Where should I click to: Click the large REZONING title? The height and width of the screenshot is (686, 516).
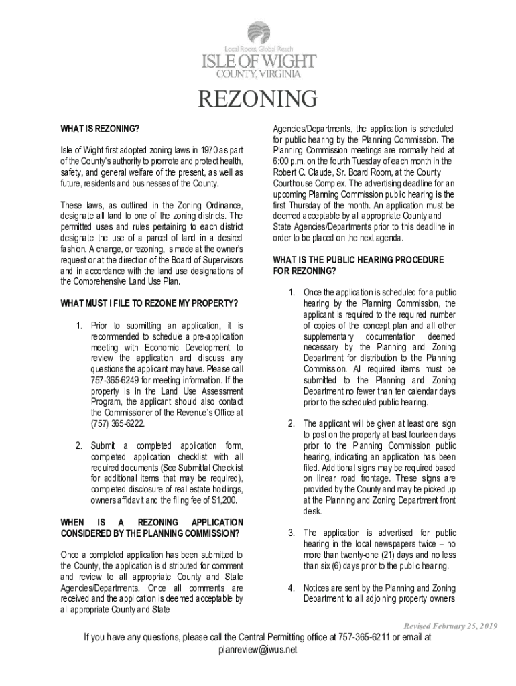point(258,99)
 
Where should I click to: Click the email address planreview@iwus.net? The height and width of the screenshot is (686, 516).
point(258,650)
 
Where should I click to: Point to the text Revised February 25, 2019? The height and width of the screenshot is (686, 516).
point(450,626)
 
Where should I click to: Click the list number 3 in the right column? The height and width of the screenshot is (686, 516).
point(292,533)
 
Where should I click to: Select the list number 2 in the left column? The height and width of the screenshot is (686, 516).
point(78,445)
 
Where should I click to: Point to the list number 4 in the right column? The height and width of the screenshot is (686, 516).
point(292,588)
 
